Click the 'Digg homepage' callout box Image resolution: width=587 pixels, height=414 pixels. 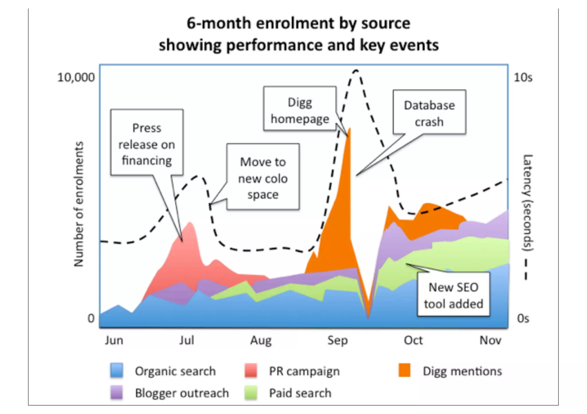tap(300, 109)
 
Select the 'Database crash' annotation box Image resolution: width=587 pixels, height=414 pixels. tap(429, 112)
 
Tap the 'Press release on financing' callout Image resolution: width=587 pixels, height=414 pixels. tap(147, 142)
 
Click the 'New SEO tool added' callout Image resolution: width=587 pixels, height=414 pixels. tap(453, 294)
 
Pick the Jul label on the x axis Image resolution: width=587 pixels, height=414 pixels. tap(187, 340)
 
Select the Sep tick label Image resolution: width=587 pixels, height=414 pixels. tap(337, 340)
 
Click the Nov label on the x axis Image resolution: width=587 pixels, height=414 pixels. tap(490, 340)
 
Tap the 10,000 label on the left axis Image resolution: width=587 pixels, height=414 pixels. tap(76, 78)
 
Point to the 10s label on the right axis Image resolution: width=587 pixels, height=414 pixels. tap(523, 78)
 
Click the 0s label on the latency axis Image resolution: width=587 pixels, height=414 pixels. tap(523, 318)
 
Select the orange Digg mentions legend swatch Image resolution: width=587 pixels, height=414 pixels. tap(404, 370)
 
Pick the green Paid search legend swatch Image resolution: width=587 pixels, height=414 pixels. tap(251, 393)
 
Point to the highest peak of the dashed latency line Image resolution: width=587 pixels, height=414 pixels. tap(356, 70)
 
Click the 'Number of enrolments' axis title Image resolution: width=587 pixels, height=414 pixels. tap(79, 204)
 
